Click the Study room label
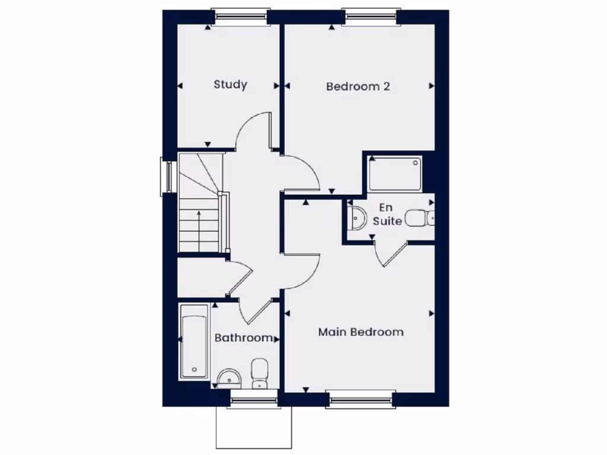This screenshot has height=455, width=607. pyautogui.click(x=230, y=84)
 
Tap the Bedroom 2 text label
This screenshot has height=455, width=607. pyautogui.click(x=358, y=86)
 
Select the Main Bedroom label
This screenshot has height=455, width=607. pyautogui.click(x=360, y=332)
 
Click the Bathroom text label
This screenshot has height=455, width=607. pyautogui.click(x=244, y=338)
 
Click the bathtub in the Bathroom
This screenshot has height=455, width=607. pyautogui.click(x=194, y=342)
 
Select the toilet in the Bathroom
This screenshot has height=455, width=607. pyautogui.click(x=260, y=373)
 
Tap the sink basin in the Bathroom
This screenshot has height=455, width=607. pyautogui.click(x=229, y=377)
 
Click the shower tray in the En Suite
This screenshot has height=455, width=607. pyautogui.click(x=394, y=173)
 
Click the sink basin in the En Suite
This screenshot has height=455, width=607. pyautogui.click(x=357, y=217)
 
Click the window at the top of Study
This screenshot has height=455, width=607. pyautogui.click(x=241, y=17)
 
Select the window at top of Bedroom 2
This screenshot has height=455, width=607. pyautogui.click(x=370, y=17)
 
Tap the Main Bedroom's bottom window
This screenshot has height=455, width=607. pyautogui.click(x=360, y=400)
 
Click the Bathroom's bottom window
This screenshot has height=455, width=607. pyautogui.click(x=253, y=400)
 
